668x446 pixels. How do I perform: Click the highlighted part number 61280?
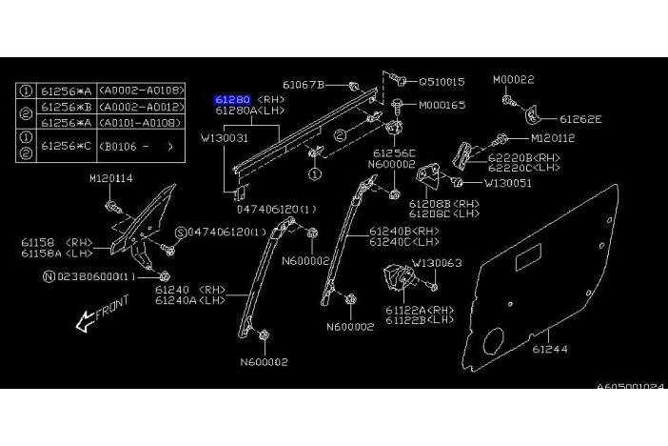point(232,98)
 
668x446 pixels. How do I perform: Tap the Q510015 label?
point(442,82)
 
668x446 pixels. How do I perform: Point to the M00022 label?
point(513,80)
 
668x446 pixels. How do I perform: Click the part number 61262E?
point(580,120)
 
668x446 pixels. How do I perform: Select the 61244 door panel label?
point(550,350)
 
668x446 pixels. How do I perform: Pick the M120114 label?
point(111,178)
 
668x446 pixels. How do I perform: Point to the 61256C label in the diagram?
point(394,152)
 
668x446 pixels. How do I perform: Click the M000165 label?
point(442,104)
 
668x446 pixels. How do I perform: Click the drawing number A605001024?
point(631,387)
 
